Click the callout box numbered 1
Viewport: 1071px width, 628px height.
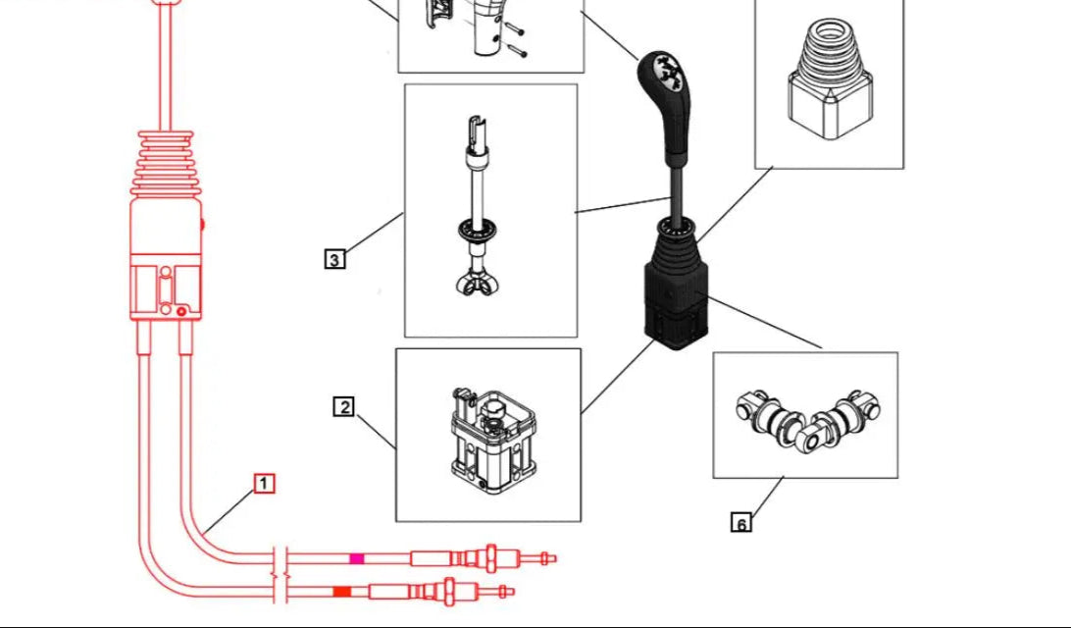click(x=264, y=484)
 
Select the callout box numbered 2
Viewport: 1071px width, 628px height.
click(x=343, y=406)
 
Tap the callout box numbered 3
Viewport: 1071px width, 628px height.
click(x=334, y=260)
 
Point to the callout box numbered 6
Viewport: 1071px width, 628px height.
click(x=741, y=523)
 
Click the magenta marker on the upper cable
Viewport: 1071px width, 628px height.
click(x=357, y=558)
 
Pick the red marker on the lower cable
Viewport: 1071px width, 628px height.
click(x=341, y=591)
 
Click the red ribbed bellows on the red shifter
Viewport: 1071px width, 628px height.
click(x=168, y=162)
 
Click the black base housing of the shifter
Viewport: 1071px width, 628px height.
click(x=675, y=304)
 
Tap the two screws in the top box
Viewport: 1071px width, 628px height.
click(x=517, y=39)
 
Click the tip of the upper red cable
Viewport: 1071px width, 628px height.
click(x=552, y=558)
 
